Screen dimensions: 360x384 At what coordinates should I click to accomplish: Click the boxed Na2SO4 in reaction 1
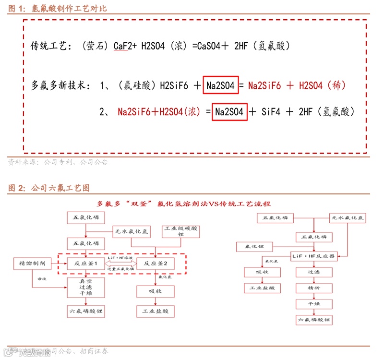coord(220,86)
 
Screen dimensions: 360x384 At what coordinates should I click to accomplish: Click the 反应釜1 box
coord(85,263)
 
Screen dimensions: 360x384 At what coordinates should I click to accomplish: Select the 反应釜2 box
coord(156,263)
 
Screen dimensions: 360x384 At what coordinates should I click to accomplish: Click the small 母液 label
coord(36,278)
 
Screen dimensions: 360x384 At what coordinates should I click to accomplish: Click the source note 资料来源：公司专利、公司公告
coord(58,162)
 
